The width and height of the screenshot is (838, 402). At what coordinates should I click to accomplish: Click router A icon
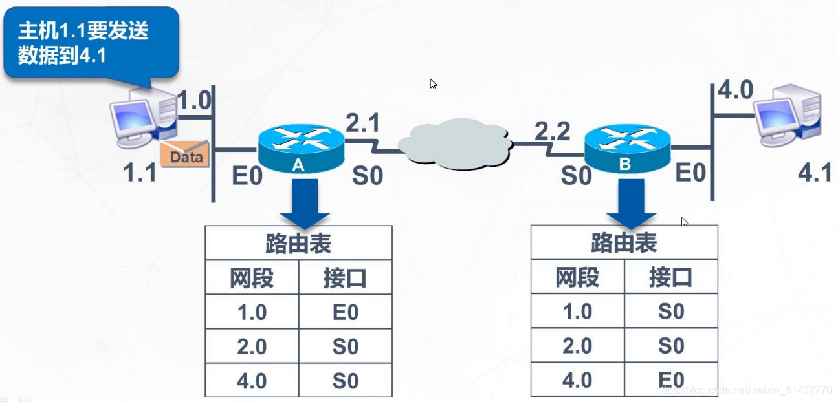[300, 148]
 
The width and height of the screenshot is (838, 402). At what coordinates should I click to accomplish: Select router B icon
[626, 148]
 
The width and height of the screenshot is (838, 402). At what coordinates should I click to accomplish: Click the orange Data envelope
[185, 154]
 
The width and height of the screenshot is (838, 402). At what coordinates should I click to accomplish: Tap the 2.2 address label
[552, 131]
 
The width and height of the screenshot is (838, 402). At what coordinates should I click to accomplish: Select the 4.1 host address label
[815, 173]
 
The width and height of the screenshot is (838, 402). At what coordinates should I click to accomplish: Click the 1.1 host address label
[140, 173]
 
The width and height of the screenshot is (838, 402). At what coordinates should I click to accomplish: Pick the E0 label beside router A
[247, 175]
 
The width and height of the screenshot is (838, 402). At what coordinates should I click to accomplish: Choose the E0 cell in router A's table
[346, 312]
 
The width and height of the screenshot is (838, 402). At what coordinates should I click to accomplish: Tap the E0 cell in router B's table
[671, 380]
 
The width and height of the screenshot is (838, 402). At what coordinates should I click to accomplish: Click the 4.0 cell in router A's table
[252, 381]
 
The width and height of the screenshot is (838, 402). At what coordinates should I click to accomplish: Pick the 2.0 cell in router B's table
[577, 346]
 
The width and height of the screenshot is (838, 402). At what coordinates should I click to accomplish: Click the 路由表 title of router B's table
[624, 243]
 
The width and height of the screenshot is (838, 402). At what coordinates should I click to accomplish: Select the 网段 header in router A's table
[252, 278]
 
